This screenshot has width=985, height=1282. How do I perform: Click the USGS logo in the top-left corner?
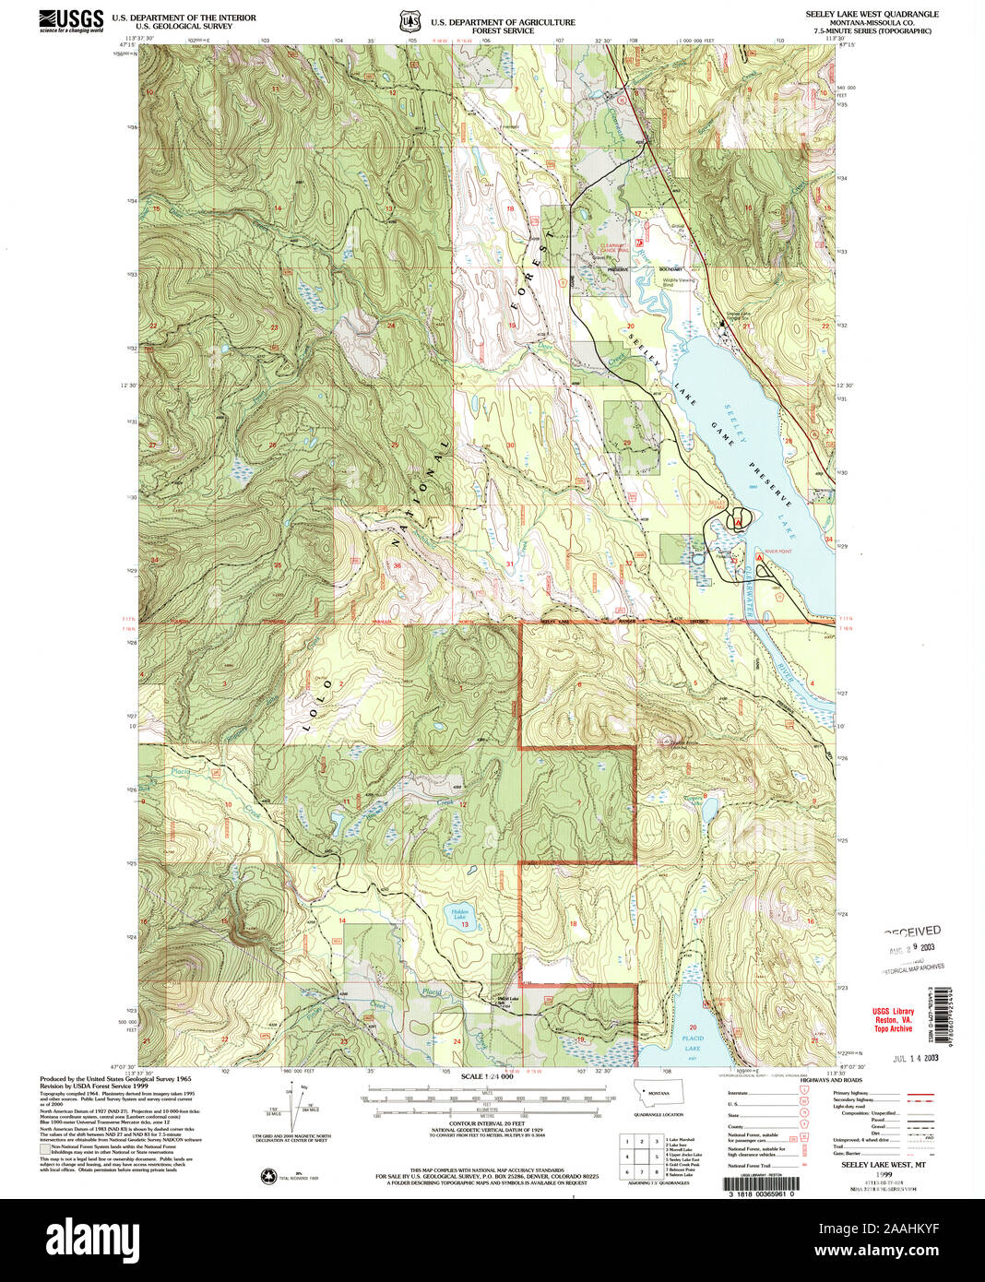70,20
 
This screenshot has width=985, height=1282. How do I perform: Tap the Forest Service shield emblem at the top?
406,20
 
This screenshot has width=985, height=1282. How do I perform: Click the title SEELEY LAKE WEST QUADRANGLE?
872,15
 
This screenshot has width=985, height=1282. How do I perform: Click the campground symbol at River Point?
759,558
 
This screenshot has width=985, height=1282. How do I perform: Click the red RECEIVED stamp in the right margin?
912,932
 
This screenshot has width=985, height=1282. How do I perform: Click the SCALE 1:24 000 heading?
487,1077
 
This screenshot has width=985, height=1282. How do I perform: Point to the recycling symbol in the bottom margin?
269,1176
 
